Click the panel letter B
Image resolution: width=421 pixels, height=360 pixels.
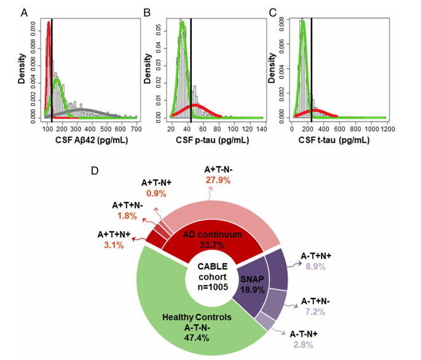[147, 12]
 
